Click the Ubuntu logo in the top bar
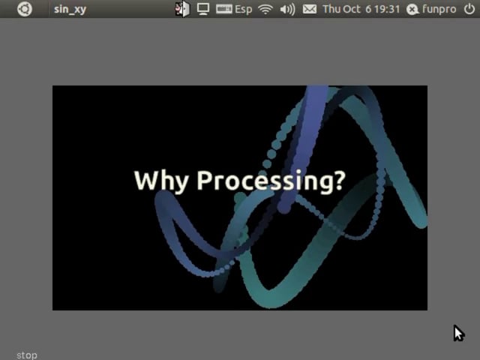[25, 9]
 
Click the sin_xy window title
[70, 10]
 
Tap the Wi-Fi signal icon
[265, 9]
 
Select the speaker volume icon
[287, 9]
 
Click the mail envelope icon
[310, 9]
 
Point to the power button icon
[469, 9]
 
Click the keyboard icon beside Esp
[223, 9]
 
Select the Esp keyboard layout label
[243, 10]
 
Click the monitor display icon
[203, 9]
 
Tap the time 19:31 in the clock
[387, 9]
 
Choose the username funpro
[439, 10]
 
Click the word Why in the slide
[161, 181]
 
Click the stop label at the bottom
[27, 355]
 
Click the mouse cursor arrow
[458, 333]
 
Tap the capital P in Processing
[205, 180]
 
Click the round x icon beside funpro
[412, 10]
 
